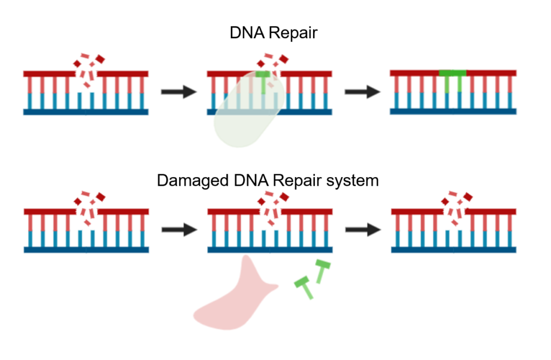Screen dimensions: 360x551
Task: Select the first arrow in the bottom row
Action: click(x=179, y=230)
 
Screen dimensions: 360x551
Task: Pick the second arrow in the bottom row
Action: click(x=362, y=230)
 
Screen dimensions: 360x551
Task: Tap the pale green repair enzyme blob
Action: click(x=248, y=116)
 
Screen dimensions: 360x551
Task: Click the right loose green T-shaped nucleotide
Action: click(x=321, y=271)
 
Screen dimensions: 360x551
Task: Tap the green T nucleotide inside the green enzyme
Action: click(x=264, y=81)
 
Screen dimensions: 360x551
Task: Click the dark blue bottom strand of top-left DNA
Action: click(x=86, y=112)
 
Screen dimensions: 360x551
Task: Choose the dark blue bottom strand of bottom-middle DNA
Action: click(x=270, y=250)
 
